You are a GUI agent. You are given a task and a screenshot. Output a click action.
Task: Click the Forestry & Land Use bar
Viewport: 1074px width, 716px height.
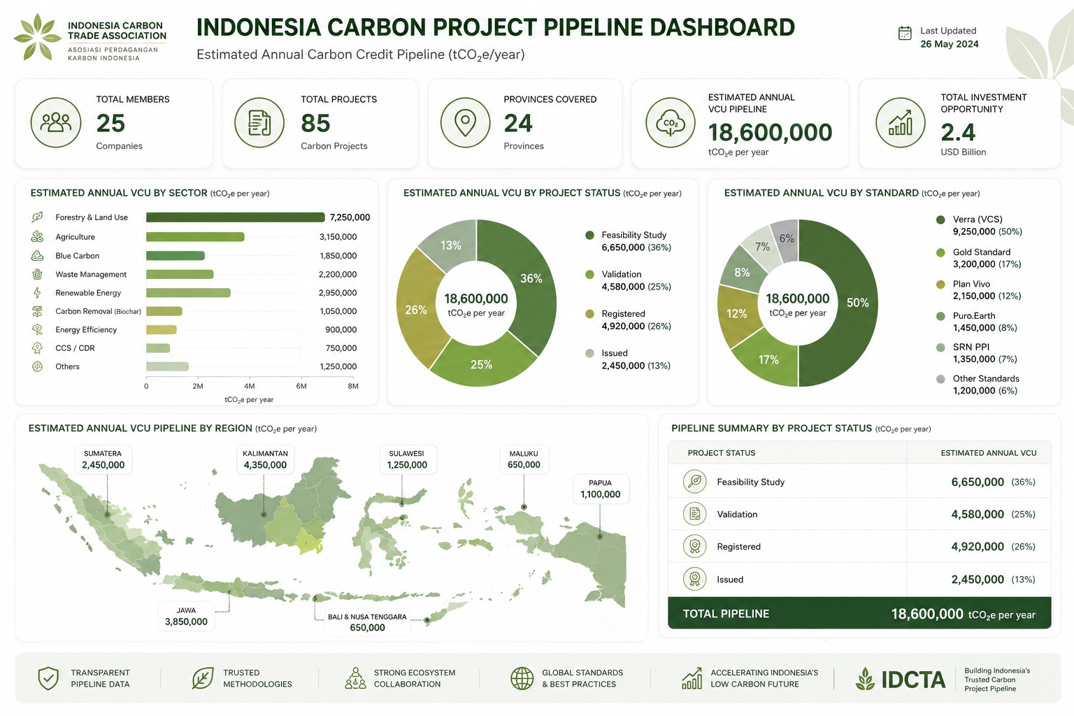click(x=236, y=217)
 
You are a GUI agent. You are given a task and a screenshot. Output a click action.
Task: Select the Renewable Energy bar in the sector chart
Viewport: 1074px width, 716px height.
click(x=188, y=292)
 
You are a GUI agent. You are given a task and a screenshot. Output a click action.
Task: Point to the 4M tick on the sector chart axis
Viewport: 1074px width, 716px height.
click(x=250, y=386)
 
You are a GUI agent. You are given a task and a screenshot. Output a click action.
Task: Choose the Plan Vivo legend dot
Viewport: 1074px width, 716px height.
click(x=940, y=285)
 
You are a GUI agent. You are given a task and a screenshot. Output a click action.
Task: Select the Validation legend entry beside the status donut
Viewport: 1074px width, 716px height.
click(x=628, y=280)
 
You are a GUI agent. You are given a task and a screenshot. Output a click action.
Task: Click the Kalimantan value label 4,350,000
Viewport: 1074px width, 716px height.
click(x=265, y=465)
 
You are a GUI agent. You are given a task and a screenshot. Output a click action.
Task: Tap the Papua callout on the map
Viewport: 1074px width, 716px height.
click(x=601, y=489)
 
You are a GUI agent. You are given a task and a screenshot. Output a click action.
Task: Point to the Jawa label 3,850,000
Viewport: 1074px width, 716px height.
click(x=186, y=622)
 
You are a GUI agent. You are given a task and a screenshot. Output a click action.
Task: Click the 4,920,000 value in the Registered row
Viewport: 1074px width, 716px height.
click(x=977, y=546)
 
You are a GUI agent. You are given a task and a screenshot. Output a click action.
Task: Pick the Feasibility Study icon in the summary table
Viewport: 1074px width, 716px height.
click(x=695, y=482)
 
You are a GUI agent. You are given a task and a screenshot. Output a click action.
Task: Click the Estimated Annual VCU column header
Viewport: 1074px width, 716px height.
click(x=989, y=452)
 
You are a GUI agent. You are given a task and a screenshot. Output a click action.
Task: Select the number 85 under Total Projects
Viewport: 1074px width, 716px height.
click(x=315, y=123)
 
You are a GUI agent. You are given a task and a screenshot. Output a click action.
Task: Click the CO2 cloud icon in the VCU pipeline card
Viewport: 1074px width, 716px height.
click(x=670, y=123)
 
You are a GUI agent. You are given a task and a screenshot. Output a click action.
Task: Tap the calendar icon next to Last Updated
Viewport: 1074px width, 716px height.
click(x=905, y=33)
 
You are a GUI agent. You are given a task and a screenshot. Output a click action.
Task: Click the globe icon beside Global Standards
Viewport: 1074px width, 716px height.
click(x=522, y=679)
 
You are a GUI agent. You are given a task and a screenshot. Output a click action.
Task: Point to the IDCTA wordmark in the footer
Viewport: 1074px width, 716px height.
click(x=913, y=679)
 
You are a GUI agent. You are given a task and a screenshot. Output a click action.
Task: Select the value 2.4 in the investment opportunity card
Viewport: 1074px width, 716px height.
click(x=958, y=132)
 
